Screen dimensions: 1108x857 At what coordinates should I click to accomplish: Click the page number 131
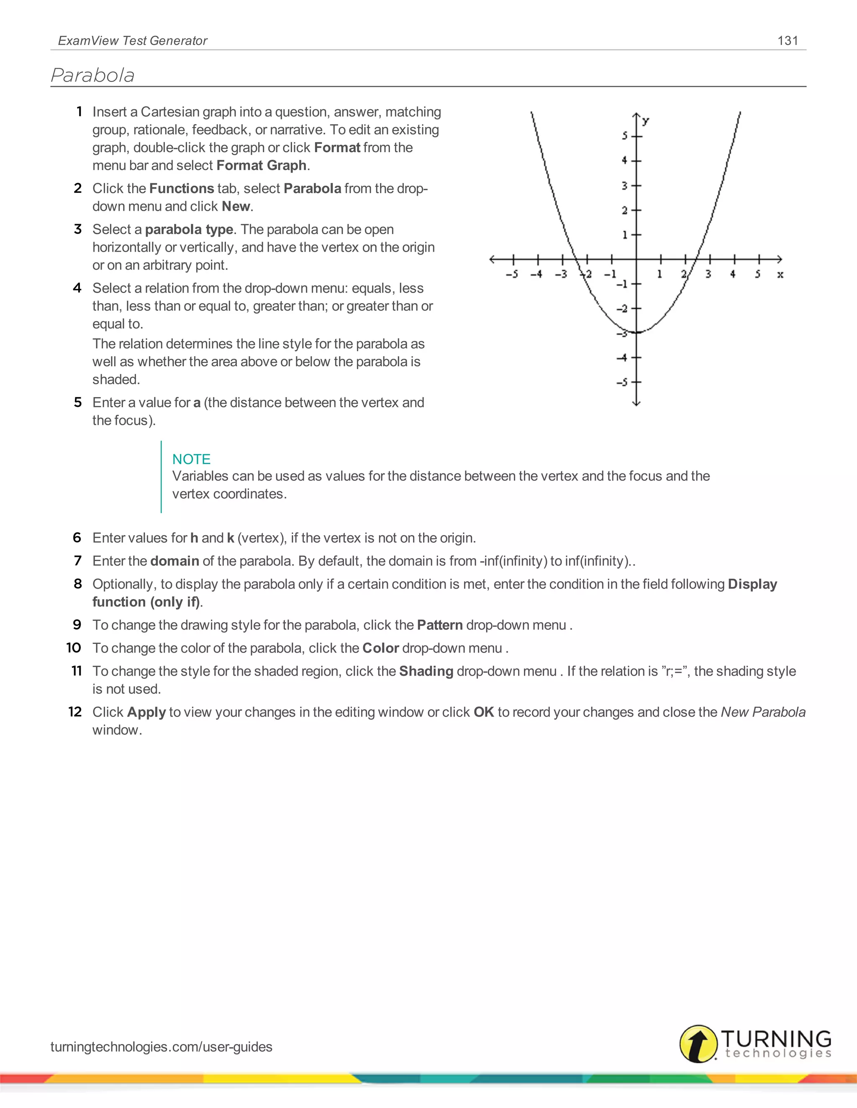788,41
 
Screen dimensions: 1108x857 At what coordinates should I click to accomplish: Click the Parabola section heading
93,76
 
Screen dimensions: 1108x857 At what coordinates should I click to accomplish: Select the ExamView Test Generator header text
133,41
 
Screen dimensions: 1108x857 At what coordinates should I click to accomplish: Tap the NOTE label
191,459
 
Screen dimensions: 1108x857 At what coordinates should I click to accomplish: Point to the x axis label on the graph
780,274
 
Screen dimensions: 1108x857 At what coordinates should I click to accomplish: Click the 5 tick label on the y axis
625,136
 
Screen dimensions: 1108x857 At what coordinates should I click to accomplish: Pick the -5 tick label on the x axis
512,274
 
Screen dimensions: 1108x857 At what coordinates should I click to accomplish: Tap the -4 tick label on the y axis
622,357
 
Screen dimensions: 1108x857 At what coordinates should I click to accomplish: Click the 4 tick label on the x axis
733,274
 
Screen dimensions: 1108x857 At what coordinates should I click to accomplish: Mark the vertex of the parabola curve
636,333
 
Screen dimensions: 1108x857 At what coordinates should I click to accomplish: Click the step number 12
75,712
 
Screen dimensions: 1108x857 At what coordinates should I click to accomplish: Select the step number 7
78,561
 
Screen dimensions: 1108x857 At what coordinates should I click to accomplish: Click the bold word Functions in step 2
181,188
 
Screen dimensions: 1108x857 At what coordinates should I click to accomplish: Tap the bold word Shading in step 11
426,671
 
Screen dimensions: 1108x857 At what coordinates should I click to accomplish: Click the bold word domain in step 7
174,561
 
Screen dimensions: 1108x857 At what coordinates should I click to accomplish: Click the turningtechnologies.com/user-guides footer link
161,1047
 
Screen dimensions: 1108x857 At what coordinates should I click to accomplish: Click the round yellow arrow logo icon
698,1044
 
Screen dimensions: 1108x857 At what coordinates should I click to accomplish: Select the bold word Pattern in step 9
440,625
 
